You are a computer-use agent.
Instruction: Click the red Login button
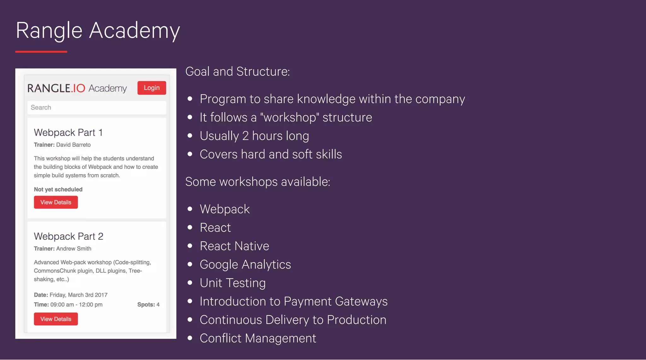[x=151, y=88]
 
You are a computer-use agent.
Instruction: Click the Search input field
[x=97, y=108]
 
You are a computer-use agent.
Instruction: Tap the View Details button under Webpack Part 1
[x=56, y=202]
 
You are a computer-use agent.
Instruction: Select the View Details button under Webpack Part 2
[x=56, y=319]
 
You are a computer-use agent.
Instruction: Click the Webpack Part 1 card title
[x=68, y=133]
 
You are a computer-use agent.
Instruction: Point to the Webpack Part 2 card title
[x=68, y=236]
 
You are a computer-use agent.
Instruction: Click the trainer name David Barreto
[x=73, y=145]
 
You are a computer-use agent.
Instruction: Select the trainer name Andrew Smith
[x=73, y=249]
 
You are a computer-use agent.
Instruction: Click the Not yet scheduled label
[x=58, y=189]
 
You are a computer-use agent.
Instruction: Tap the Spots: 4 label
[x=148, y=304]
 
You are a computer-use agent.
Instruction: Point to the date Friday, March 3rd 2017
[x=78, y=295]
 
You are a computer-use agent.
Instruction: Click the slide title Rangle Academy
[x=98, y=31]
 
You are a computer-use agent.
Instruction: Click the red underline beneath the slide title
[x=41, y=51]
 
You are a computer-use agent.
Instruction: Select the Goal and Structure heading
[x=237, y=72]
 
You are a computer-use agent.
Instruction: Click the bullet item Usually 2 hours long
[x=254, y=136]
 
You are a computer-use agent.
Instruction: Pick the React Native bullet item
[x=234, y=246]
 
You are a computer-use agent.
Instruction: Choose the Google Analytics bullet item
[x=245, y=264]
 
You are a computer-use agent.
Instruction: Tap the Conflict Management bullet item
[x=258, y=338]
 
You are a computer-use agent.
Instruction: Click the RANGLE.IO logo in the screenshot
[x=56, y=88]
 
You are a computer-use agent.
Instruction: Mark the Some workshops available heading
[x=257, y=182]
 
